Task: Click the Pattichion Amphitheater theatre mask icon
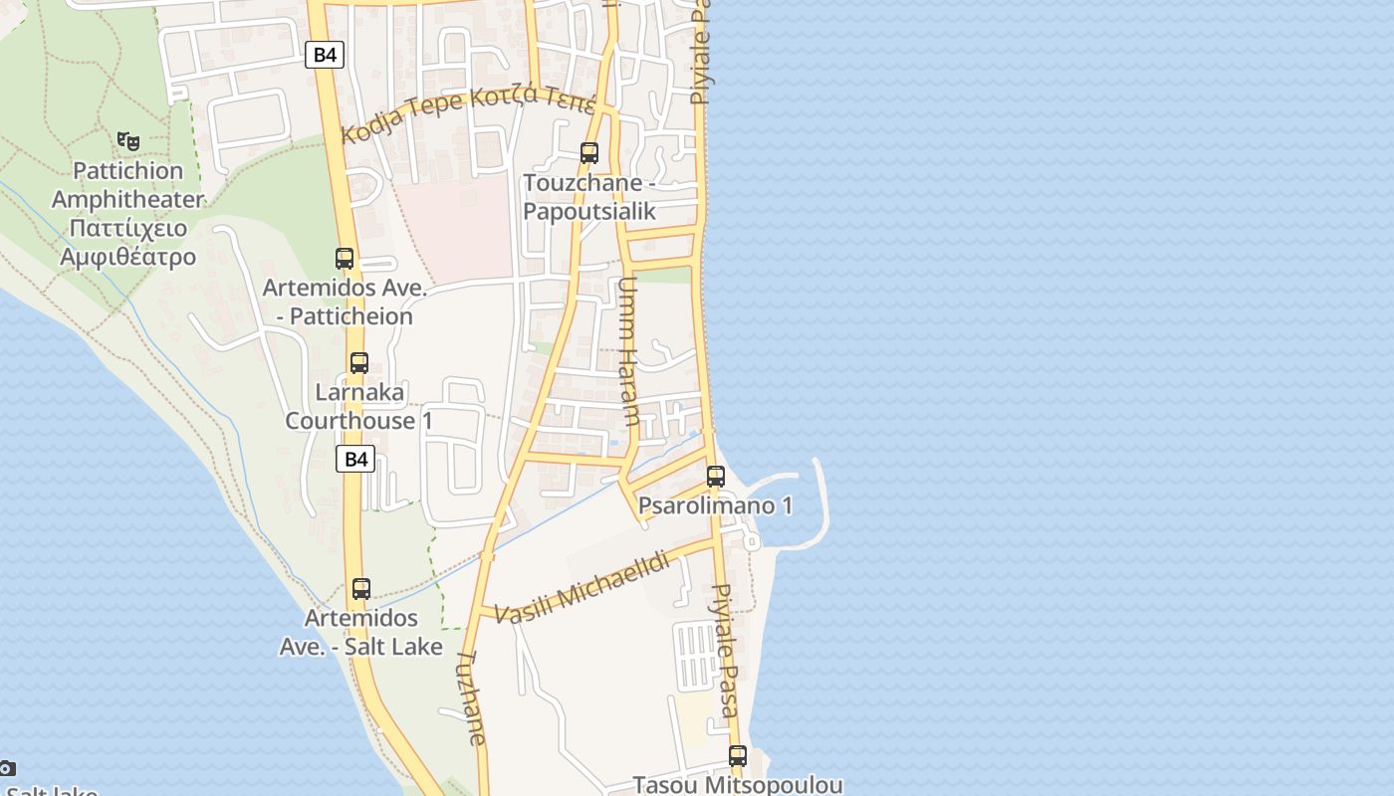point(127,141)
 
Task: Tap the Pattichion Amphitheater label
point(127,214)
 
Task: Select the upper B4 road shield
point(325,55)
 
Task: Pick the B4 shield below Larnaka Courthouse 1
point(355,459)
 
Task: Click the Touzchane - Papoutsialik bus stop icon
point(589,153)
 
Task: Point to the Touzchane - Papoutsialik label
point(589,197)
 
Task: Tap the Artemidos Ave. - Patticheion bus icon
point(345,259)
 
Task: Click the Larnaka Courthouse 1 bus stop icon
point(359,363)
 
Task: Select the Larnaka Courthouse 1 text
point(358,406)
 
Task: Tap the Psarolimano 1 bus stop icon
point(716,477)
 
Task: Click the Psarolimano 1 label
point(715,505)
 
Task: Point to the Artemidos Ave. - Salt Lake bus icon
point(361,589)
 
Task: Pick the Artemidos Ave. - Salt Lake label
point(361,632)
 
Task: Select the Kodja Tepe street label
point(468,111)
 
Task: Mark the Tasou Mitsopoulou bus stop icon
point(737,756)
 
